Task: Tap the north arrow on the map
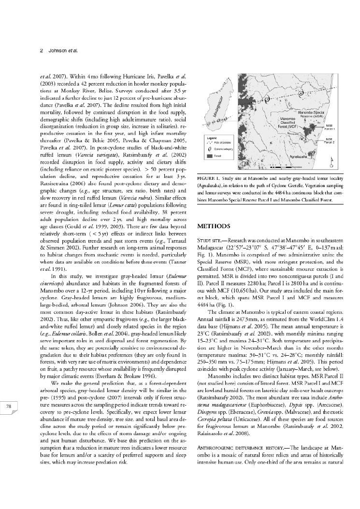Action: [331, 160]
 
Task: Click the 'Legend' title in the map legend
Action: [208, 138]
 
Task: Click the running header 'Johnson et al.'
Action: [61, 50]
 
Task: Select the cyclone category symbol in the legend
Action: [208, 149]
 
